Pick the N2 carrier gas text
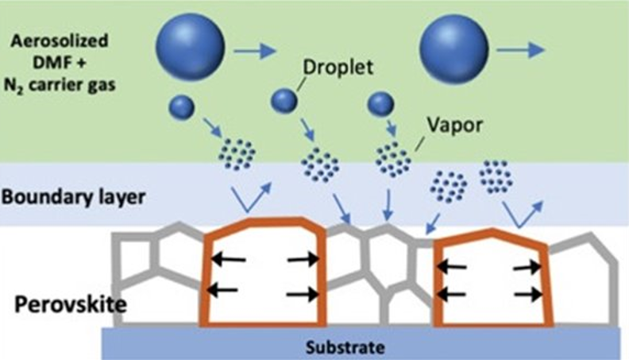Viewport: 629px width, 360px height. (62, 82)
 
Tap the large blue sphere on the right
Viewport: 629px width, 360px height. (453, 48)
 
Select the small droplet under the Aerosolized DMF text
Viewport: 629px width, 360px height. (182, 106)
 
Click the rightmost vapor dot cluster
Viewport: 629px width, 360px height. (496, 176)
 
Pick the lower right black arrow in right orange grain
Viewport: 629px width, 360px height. (527, 294)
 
